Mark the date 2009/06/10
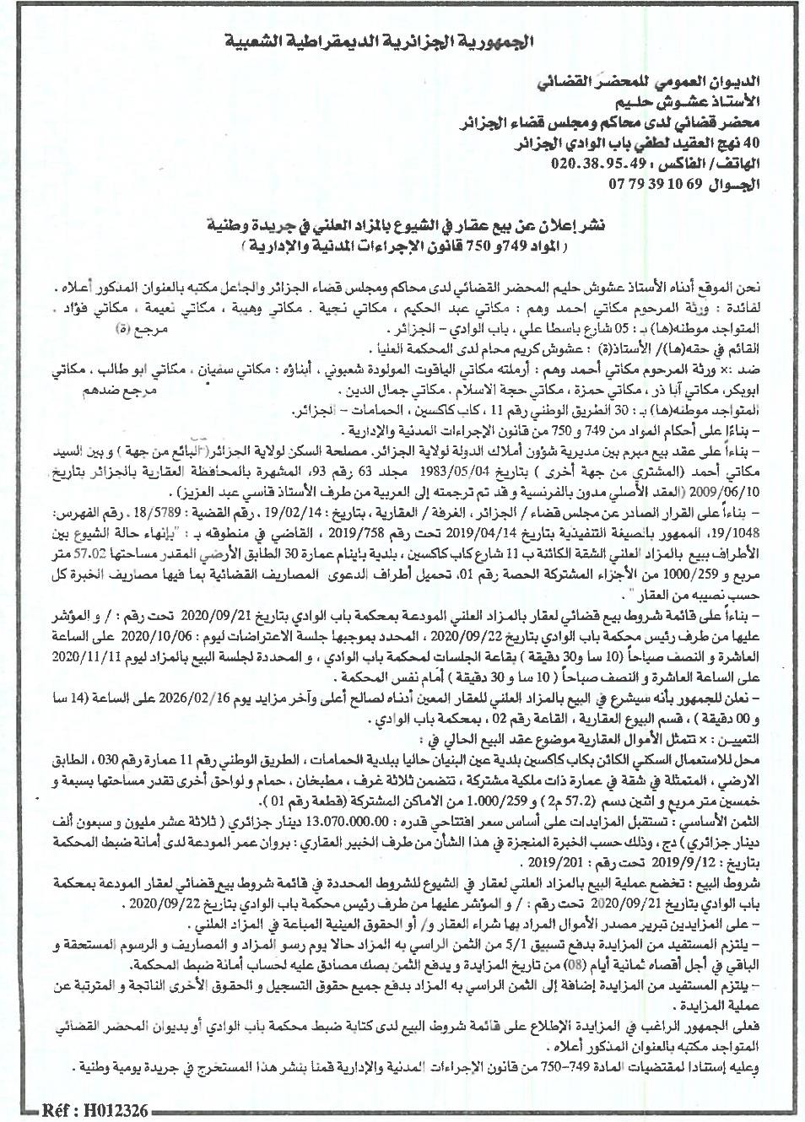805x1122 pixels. pyautogui.click(x=77, y=493)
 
